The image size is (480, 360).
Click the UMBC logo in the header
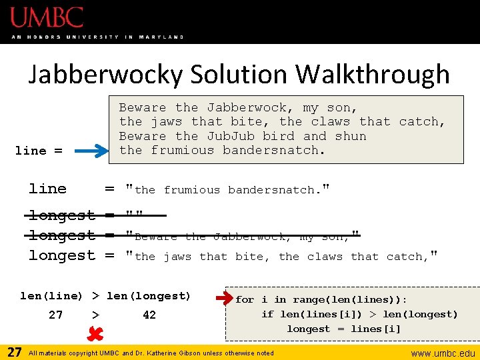coord(47,17)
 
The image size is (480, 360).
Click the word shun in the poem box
coord(351,136)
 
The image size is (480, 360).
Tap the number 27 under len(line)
coord(56,315)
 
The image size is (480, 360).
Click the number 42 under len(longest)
coord(149,315)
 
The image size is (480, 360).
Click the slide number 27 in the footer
coord(14,352)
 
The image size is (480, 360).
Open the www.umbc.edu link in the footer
coord(443,353)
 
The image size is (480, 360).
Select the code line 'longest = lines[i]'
coord(344,329)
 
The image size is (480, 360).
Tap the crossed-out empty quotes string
coord(135,215)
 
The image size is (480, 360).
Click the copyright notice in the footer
coord(151,353)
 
